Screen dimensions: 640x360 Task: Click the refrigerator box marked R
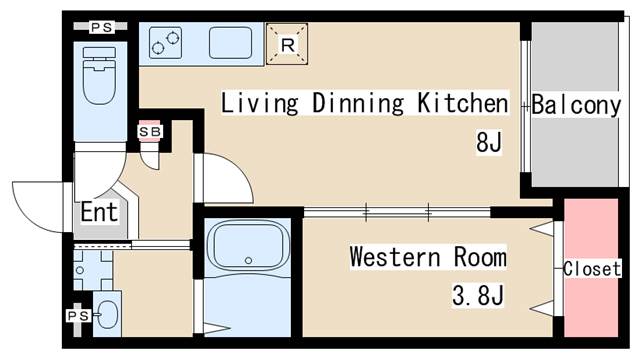pyautogui.click(x=287, y=44)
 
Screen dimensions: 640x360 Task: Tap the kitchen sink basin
pyautogui.click(x=230, y=42)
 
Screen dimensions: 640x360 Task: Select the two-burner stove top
pyautogui.click(x=165, y=42)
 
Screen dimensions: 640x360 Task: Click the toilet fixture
pyautogui.click(x=99, y=76)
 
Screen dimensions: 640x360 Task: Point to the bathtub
pyautogui.click(x=248, y=245)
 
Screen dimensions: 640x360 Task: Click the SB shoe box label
pyautogui.click(x=149, y=131)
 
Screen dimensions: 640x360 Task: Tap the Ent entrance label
pyautogui.click(x=99, y=212)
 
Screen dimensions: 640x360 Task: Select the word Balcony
pyautogui.click(x=576, y=105)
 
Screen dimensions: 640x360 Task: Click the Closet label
pyautogui.click(x=592, y=269)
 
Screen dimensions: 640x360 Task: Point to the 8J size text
pyautogui.click(x=489, y=142)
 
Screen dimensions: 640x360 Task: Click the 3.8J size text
pyautogui.click(x=478, y=296)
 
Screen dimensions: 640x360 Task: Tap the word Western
pyautogui.click(x=395, y=257)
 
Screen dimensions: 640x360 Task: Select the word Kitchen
pyautogui.click(x=463, y=103)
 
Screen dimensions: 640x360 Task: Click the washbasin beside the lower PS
pyautogui.click(x=108, y=315)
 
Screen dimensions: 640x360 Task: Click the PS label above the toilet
pyautogui.click(x=101, y=27)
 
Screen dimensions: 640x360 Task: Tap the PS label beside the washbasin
pyautogui.click(x=78, y=316)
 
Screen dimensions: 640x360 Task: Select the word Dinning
pyautogui.click(x=358, y=103)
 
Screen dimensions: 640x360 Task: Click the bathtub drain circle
pyautogui.click(x=248, y=260)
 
